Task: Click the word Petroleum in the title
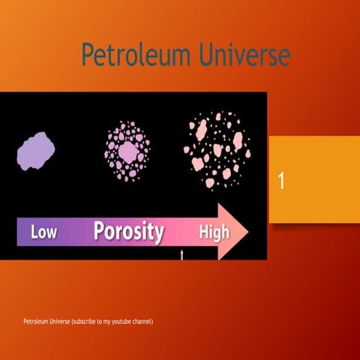pyautogui.click(x=132, y=55)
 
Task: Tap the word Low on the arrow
pyautogui.click(x=43, y=232)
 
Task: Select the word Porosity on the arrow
pyautogui.click(x=129, y=231)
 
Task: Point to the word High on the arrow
pyautogui.click(x=214, y=232)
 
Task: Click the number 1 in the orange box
pyautogui.click(x=281, y=181)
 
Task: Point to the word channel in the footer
pyautogui.click(x=141, y=322)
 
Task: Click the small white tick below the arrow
pyautogui.click(x=181, y=255)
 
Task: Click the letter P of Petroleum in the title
pyautogui.click(x=88, y=55)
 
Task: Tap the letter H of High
pyautogui.click(x=203, y=232)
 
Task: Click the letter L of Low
pyautogui.click(x=34, y=232)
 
